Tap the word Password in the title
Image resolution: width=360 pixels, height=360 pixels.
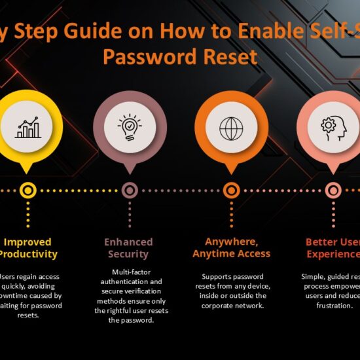(151, 57)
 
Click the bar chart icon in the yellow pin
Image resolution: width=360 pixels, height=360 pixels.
(27, 127)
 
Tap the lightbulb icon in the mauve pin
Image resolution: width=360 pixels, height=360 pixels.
(130, 127)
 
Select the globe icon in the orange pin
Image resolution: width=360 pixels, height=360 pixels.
(231, 127)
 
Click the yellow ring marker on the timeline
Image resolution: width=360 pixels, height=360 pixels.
(27, 190)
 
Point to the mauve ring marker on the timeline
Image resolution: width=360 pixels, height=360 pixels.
(130, 190)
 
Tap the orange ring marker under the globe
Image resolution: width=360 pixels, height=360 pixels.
(231, 190)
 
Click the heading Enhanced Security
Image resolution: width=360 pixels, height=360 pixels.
(128, 248)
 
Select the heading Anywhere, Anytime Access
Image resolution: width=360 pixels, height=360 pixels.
(231, 247)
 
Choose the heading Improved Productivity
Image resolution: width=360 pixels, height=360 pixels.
(29, 248)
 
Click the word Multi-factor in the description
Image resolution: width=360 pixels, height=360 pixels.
(129, 271)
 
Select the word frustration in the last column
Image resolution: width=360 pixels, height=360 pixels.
(333, 305)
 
